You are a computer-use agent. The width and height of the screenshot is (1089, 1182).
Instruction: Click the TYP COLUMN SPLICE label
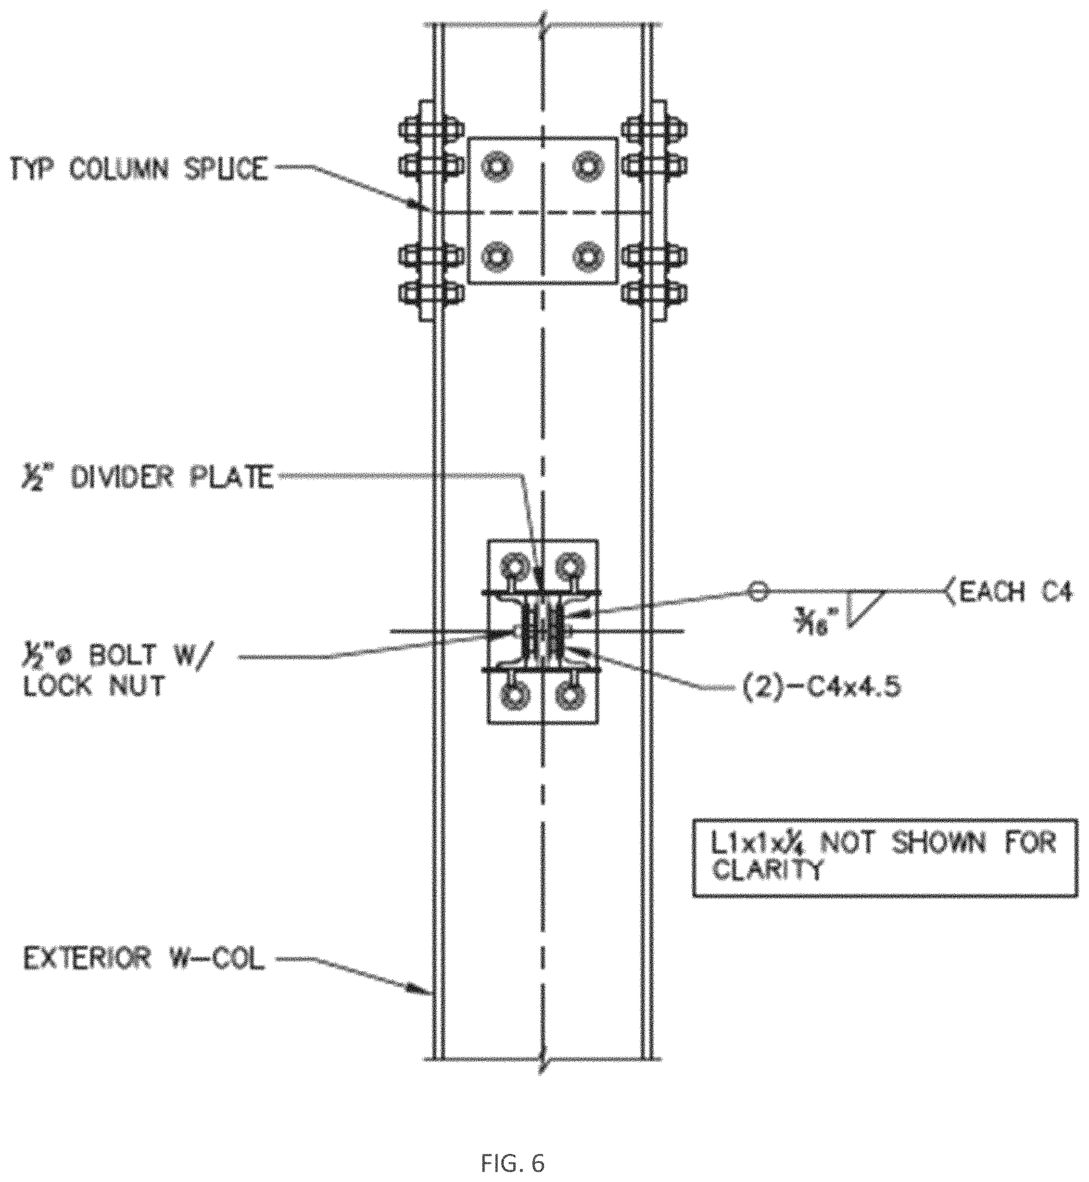tap(139, 170)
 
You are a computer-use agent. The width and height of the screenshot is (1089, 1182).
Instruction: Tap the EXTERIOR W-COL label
tap(144, 959)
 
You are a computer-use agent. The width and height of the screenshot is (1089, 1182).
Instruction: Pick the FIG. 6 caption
tap(512, 1147)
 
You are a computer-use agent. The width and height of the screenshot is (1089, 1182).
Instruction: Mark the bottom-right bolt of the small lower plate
tap(570, 697)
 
